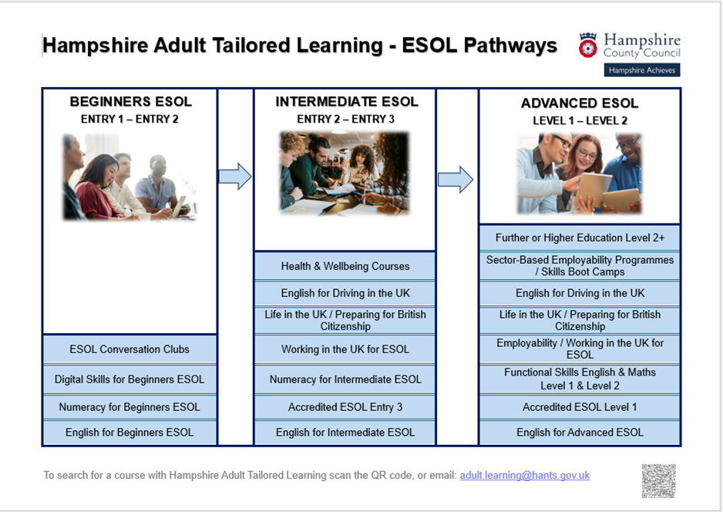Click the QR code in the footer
[658, 480]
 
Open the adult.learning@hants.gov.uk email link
[525, 475]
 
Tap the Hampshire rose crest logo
[588, 45]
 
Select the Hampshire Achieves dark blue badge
[642, 70]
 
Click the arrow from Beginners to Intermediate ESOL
[234, 177]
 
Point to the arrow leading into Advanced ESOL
[456, 180]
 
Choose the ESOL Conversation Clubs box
[129, 349]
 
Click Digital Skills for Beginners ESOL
[129, 379]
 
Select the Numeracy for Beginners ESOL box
[129, 407]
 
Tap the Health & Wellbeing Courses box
[345, 266]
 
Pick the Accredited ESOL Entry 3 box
[345, 407]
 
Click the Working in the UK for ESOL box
[345, 349]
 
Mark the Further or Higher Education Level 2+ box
[580, 237]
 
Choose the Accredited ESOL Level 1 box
[580, 407]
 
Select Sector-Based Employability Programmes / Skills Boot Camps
[580, 266]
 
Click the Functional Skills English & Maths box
[580, 379]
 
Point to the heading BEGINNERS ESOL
[130, 102]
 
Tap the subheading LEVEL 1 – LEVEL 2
[580, 121]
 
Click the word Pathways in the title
[510, 45]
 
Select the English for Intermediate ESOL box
[345, 433]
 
